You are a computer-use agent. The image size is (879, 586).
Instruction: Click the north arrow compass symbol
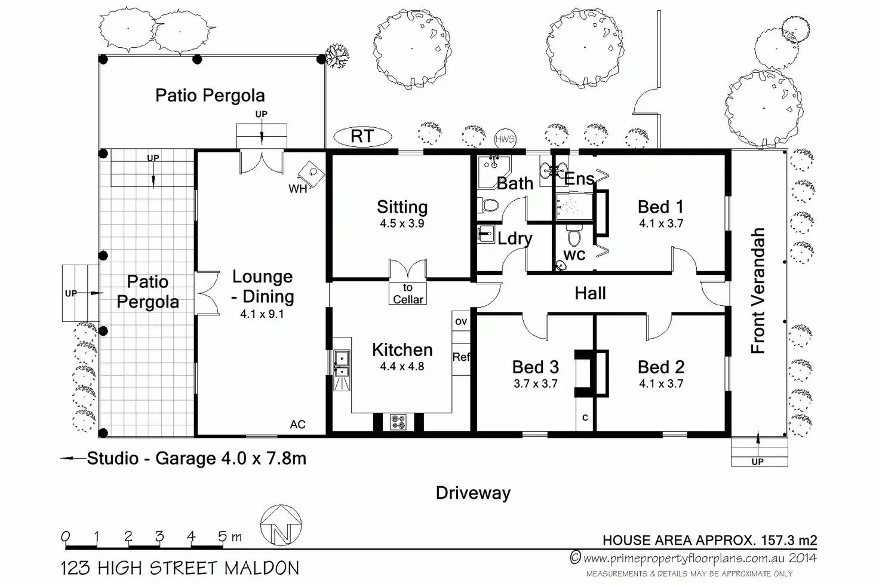(281, 525)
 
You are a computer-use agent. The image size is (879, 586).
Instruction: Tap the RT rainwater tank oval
(362, 137)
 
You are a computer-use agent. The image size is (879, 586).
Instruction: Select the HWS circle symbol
(505, 139)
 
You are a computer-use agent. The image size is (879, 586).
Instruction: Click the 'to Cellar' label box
(408, 293)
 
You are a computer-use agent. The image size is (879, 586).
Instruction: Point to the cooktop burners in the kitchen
(398, 422)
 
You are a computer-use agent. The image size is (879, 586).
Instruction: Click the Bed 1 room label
(661, 207)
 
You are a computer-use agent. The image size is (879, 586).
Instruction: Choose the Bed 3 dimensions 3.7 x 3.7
(536, 383)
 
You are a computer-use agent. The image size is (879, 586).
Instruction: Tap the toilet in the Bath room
(488, 205)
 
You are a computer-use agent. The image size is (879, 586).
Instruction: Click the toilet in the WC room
(574, 235)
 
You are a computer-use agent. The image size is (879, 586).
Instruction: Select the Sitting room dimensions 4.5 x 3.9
(402, 223)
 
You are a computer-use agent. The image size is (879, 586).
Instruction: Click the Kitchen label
(402, 349)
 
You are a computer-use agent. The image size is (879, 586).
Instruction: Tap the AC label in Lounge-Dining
(297, 424)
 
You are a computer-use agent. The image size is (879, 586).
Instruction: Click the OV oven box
(461, 321)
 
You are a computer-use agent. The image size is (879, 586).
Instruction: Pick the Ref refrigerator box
(461, 357)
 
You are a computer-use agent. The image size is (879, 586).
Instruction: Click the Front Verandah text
(758, 290)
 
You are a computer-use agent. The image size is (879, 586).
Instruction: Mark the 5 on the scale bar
(223, 536)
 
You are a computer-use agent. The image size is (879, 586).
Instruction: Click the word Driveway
(474, 493)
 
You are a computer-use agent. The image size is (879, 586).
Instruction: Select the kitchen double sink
(342, 364)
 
